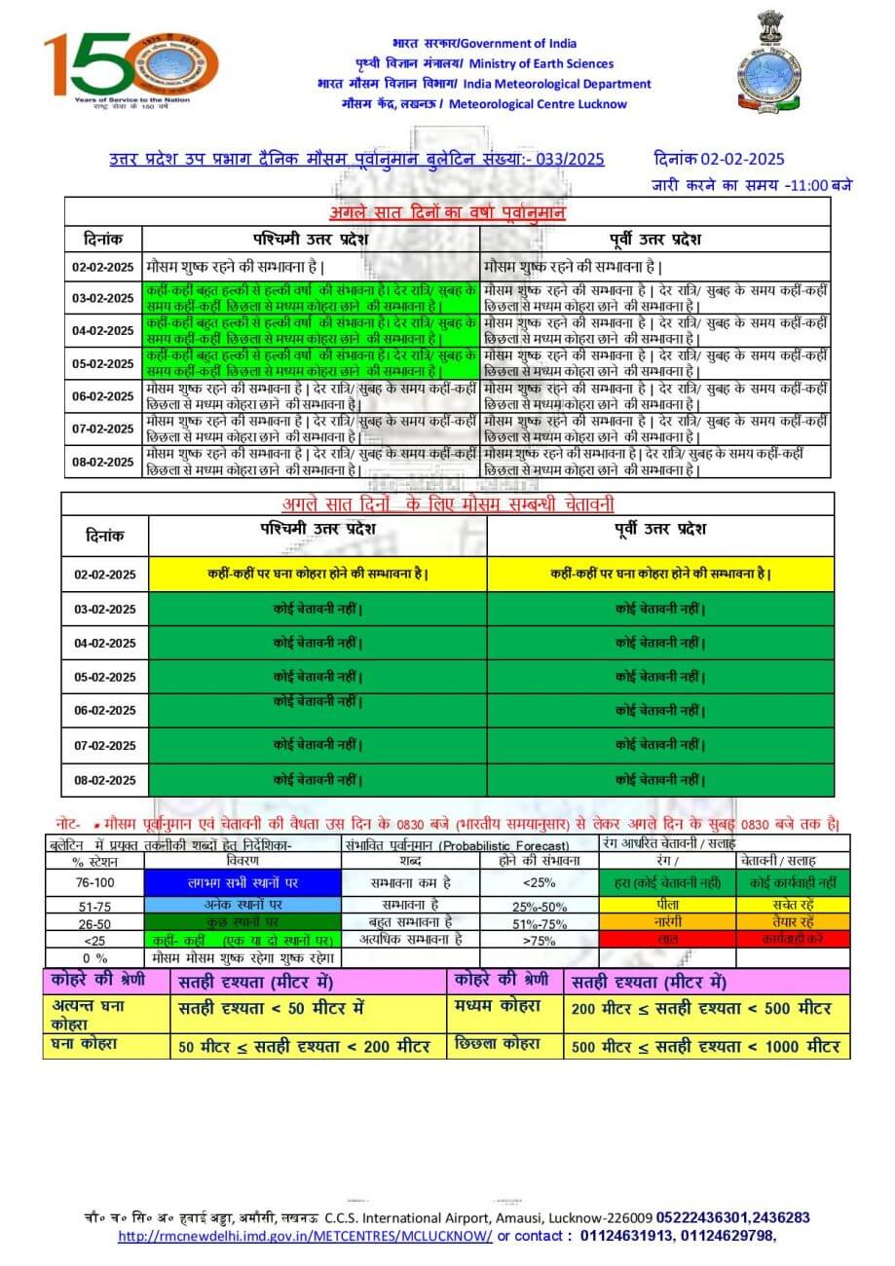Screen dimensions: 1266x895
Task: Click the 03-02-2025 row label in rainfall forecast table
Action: (103, 298)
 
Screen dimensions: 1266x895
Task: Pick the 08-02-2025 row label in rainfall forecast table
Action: (103, 461)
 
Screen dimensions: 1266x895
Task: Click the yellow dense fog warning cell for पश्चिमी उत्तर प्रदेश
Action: (317, 575)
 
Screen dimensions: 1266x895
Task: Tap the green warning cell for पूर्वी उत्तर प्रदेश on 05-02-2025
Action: (660, 677)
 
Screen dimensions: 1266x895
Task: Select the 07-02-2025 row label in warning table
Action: (103, 745)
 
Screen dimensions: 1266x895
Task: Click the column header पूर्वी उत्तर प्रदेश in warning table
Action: (659, 529)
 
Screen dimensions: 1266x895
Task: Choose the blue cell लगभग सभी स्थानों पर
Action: (242, 882)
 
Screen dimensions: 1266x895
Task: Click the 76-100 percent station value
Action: (93, 882)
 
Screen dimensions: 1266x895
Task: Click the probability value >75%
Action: (537, 941)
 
